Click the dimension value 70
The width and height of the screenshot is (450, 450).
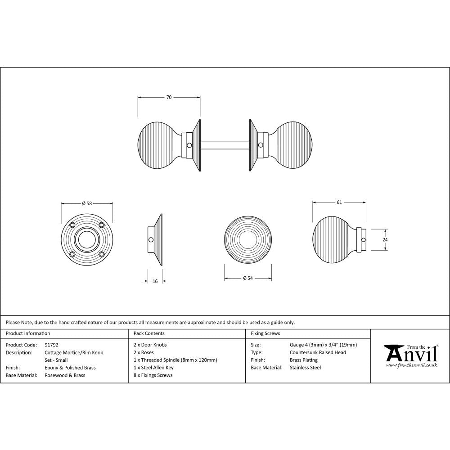(x=169, y=97)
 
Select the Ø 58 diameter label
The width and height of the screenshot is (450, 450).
(x=87, y=203)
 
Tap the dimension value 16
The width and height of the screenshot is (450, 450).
(x=155, y=281)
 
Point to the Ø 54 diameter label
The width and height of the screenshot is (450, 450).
(x=248, y=278)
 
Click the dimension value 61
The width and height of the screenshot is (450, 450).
(x=339, y=202)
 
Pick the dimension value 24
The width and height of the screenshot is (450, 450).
(x=385, y=240)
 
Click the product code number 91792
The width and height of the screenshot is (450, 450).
(x=52, y=345)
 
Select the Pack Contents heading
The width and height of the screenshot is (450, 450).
(x=149, y=333)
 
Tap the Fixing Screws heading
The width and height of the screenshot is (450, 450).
(x=265, y=333)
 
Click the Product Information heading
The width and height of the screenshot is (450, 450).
(x=28, y=333)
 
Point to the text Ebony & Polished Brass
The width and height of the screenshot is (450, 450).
(x=70, y=368)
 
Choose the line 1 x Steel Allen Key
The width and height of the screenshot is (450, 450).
(x=153, y=368)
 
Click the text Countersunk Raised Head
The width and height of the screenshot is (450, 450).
(x=318, y=352)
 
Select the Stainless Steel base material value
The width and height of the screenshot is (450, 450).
(x=305, y=368)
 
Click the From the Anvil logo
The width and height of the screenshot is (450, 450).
(x=410, y=355)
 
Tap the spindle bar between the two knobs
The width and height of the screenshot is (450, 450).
(x=225, y=145)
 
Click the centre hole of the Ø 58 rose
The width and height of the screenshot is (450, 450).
(x=87, y=239)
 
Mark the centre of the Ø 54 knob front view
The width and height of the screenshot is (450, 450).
(x=247, y=239)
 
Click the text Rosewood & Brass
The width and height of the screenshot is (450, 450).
(x=65, y=375)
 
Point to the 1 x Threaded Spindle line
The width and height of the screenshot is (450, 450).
(x=175, y=360)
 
